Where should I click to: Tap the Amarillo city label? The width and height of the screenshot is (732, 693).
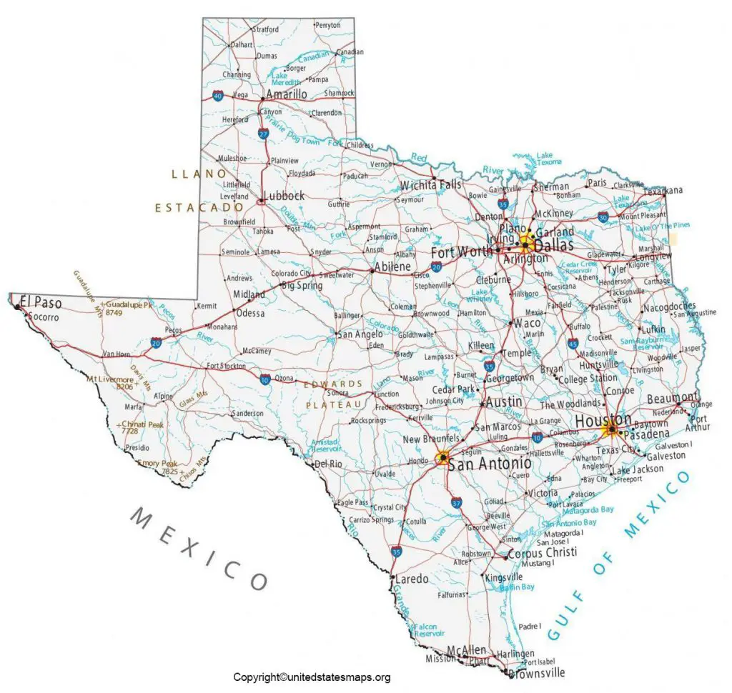tap(286, 94)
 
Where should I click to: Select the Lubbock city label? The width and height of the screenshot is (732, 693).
tap(284, 196)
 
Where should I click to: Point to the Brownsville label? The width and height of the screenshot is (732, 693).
tap(538, 672)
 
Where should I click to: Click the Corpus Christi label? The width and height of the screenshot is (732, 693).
tap(542, 554)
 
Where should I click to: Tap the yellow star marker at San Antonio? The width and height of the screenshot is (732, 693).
tap(443, 458)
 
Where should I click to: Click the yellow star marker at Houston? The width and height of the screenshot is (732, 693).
tap(611, 430)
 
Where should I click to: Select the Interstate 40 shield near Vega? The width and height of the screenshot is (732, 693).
tap(217, 95)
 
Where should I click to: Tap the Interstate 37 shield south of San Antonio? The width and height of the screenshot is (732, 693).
tap(455, 505)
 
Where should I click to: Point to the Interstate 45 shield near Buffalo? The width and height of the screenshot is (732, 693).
tap(573, 344)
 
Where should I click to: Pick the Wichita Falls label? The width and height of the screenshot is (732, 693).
tap(430, 185)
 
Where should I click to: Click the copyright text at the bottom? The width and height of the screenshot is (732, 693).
tap(312, 677)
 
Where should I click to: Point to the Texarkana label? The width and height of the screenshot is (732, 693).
tap(663, 190)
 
